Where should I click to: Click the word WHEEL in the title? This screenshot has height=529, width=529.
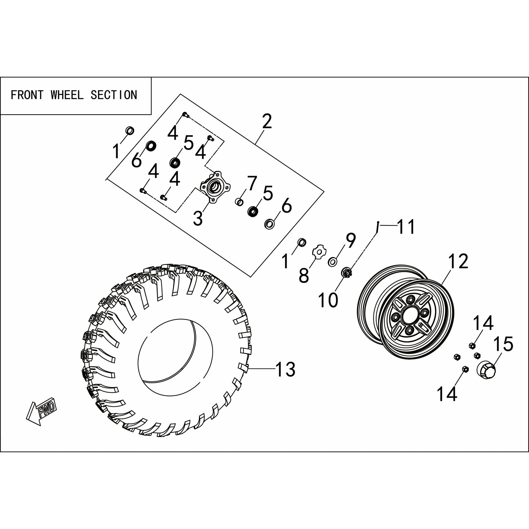pyautogui.click(x=67, y=95)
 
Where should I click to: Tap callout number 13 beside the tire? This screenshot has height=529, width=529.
pyautogui.click(x=285, y=369)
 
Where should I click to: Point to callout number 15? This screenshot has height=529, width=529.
pyautogui.click(x=503, y=344)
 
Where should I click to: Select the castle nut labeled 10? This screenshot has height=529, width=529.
pyautogui.click(x=347, y=273)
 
